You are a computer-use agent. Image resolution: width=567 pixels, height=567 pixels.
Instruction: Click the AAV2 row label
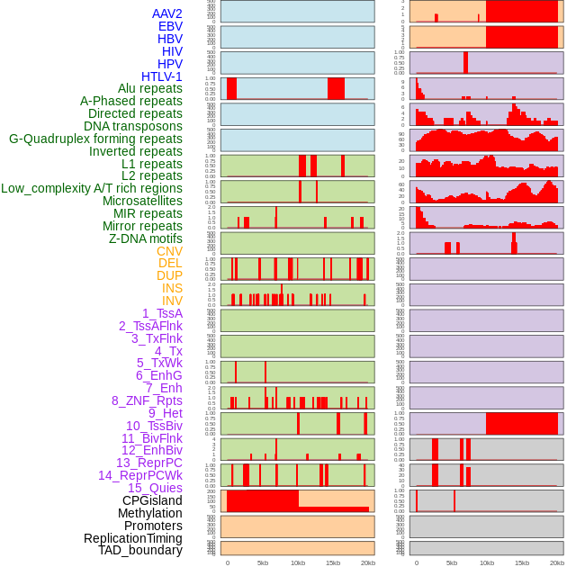[166, 13]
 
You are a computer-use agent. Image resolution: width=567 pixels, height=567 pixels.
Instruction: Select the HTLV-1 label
[161, 76]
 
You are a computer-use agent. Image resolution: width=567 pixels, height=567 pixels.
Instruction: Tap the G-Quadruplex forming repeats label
[95, 139]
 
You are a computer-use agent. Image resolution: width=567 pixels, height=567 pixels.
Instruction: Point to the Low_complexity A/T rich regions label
[92, 188]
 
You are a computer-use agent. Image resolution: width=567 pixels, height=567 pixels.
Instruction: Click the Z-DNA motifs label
[146, 238]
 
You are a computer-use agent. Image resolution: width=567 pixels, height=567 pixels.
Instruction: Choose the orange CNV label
[169, 251]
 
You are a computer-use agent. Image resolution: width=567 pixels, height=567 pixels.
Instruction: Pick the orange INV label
[172, 301]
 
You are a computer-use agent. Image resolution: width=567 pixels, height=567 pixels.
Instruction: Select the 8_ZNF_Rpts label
[147, 400]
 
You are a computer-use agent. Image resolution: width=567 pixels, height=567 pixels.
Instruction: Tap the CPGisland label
[152, 500]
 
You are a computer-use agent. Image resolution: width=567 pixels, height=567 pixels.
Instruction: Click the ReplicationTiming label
[132, 538]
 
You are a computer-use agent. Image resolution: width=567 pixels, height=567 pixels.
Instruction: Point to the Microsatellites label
[142, 201]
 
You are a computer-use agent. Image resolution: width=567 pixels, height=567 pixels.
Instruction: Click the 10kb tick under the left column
[298, 562]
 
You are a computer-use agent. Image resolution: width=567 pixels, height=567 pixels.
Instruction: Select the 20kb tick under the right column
[557, 562]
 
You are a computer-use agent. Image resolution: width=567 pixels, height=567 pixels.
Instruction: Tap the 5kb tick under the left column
[263, 562]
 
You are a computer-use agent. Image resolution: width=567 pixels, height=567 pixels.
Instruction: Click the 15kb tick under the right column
[522, 562]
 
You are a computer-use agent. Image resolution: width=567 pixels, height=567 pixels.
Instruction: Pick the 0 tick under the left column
[227, 562]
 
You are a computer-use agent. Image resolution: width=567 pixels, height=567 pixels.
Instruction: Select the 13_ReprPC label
[148, 463]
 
